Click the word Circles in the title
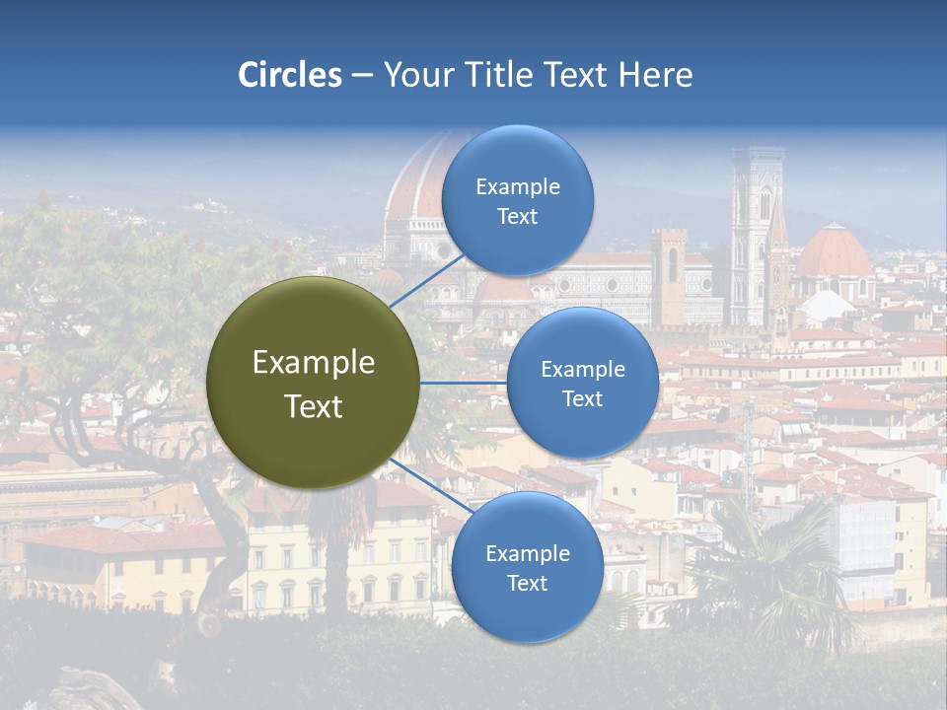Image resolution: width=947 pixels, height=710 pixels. click(x=289, y=75)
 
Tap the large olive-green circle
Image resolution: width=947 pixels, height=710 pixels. click(x=313, y=383)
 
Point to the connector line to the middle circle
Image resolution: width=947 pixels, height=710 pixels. click(x=464, y=383)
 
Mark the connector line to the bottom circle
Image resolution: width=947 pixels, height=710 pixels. click(x=426, y=484)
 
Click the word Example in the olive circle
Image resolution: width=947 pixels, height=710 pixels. click(x=314, y=363)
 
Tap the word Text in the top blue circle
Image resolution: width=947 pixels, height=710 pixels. click(x=517, y=217)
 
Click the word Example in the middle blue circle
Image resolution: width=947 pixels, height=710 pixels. click(x=582, y=370)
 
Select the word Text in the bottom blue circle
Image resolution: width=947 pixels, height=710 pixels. click(x=527, y=584)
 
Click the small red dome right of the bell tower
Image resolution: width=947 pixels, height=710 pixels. click(x=834, y=251)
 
